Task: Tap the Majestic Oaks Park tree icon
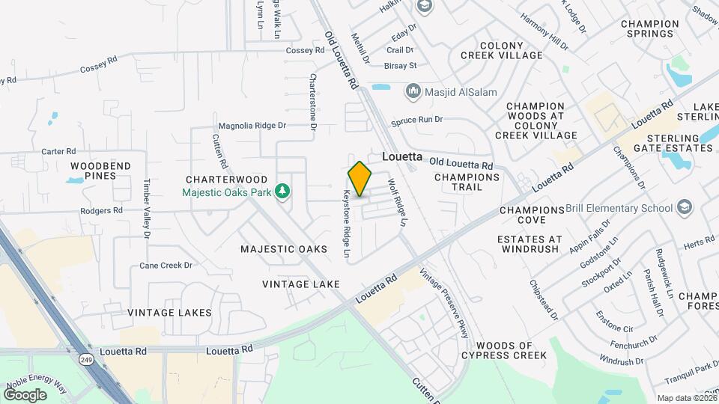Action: (x=282, y=192)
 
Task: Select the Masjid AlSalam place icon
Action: (x=413, y=92)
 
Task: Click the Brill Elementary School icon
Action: (x=685, y=207)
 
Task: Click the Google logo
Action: (x=24, y=394)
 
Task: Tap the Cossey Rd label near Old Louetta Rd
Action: (x=305, y=50)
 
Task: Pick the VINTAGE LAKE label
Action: (x=301, y=284)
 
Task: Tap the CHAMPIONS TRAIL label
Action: (x=467, y=183)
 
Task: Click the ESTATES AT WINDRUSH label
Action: (x=529, y=244)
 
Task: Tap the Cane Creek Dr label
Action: (x=166, y=266)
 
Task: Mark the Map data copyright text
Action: (x=685, y=398)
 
